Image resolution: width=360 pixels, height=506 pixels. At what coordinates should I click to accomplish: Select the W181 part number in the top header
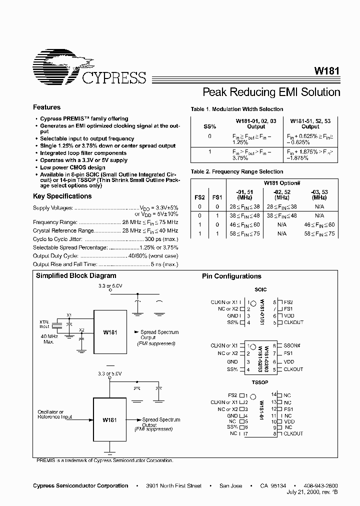[327, 71]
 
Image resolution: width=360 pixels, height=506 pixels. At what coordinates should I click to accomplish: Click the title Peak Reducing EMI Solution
[271, 92]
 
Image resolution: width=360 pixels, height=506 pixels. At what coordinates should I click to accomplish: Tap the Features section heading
[46, 107]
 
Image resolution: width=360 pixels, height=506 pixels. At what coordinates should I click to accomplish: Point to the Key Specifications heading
[62, 196]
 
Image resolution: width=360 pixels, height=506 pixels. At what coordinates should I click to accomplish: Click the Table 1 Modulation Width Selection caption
[236, 109]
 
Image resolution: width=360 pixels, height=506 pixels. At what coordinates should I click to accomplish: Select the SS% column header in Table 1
[209, 126]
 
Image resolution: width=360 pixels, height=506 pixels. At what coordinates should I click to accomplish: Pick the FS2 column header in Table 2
[199, 197]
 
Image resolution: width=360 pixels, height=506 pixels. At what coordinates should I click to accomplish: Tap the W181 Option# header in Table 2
[281, 183]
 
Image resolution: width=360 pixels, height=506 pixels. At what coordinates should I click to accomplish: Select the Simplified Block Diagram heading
[76, 276]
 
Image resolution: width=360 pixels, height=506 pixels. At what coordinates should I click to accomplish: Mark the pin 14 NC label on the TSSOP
[287, 395]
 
